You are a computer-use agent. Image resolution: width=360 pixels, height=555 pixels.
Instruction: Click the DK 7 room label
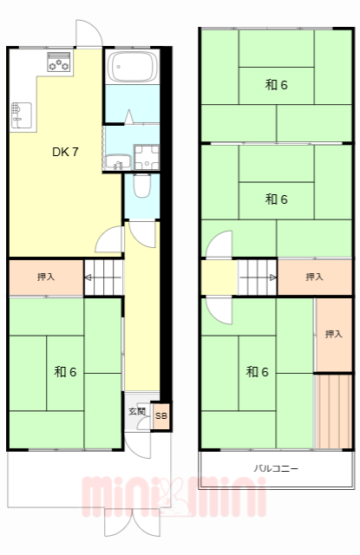click(65, 152)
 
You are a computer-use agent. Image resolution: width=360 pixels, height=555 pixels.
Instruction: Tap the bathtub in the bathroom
click(130, 68)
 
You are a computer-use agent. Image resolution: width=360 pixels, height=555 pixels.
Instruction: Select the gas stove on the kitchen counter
click(59, 62)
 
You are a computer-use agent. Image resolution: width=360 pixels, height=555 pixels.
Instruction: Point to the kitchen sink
click(20, 113)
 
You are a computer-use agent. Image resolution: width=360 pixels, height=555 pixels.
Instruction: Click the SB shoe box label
click(160, 416)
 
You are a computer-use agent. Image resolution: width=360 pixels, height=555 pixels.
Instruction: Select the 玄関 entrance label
click(137, 411)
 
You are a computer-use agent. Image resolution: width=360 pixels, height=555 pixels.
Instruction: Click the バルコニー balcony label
click(275, 468)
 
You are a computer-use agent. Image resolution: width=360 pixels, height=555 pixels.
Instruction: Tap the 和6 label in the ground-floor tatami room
click(65, 371)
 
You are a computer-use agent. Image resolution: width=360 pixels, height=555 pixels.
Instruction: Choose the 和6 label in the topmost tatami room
click(276, 85)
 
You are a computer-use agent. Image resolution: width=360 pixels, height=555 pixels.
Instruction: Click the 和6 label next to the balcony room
click(256, 371)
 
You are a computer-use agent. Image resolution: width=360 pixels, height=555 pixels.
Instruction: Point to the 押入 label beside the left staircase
click(46, 277)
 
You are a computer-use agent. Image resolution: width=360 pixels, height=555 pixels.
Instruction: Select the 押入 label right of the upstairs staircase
click(314, 277)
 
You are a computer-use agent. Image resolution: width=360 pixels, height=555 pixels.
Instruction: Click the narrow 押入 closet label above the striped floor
click(333, 334)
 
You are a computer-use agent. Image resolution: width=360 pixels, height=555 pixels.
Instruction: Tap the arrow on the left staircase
click(89, 278)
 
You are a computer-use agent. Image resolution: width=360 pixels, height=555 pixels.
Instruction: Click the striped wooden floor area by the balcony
click(333, 411)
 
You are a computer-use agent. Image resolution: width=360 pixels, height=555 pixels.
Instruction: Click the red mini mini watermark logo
click(173, 496)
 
